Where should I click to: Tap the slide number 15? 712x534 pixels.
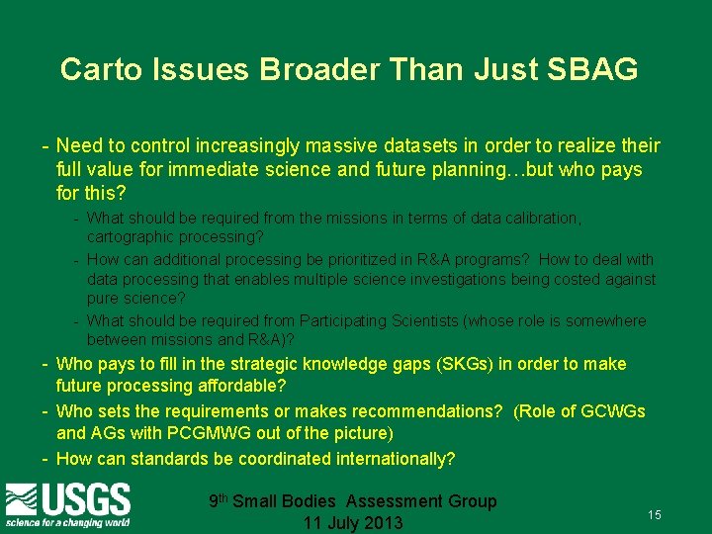[x=654, y=515]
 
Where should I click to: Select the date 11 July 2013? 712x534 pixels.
[x=353, y=523]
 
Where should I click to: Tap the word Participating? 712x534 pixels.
[x=351, y=321]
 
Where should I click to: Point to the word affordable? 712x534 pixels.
[x=238, y=386]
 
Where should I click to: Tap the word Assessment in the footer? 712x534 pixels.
[x=395, y=501]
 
